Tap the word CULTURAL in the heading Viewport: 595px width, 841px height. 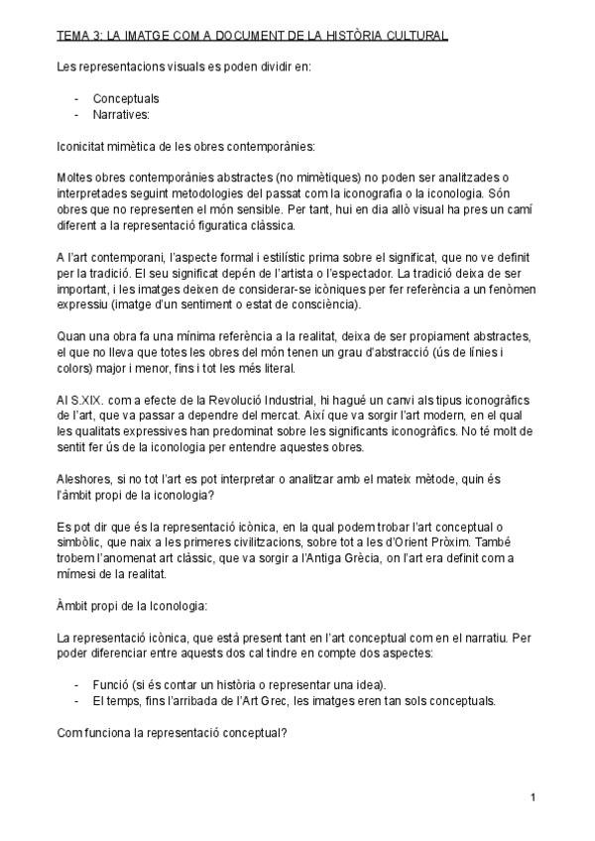tap(416, 37)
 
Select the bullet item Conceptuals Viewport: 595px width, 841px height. tap(126, 99)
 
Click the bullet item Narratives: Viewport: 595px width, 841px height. tap(121, 114)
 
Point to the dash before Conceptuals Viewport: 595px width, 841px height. tap(77, 99)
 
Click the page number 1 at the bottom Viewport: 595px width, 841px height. tap(533, 797)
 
